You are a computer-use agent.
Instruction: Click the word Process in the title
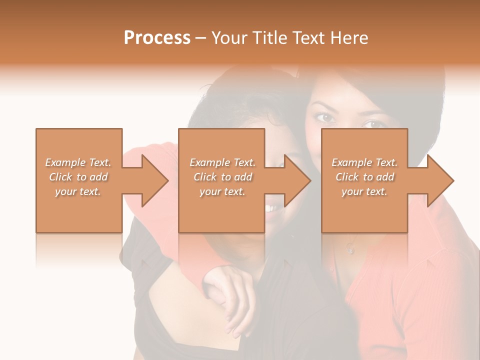[157, 38]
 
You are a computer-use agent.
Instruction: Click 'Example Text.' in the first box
[78, 162]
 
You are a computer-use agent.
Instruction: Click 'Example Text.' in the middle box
[222, 162]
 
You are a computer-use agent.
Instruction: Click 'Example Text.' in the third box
[364, 162]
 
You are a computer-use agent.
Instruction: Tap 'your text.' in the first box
[78, 191]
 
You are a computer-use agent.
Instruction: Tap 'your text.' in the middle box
[222, 191]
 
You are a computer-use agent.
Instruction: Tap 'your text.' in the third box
[364, 191]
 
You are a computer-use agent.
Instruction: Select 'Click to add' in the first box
[78, 177]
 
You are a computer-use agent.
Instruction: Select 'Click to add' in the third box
[364, 177]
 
